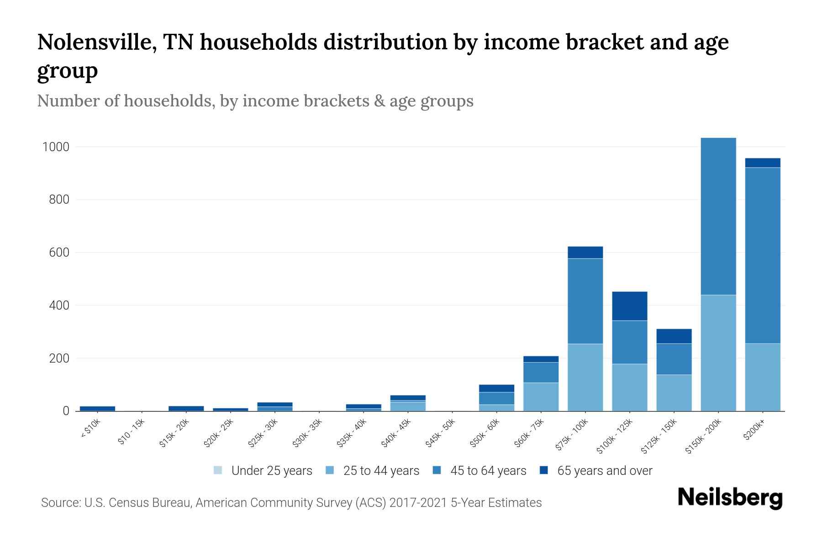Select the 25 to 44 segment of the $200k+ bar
pos(762,377)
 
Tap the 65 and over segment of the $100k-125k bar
pos(629,306)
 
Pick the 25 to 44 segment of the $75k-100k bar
pos(585,377)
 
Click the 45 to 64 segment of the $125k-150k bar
pos(674,359)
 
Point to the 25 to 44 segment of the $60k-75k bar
pos(541,396)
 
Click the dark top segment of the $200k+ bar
pos(762,163)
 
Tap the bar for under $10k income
pos(97,408)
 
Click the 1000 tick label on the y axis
pos(56,147)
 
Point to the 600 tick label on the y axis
pos(59,253)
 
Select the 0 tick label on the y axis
pos(66,411)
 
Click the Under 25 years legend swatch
pos(218,470)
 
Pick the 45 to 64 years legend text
pos(488,471)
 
